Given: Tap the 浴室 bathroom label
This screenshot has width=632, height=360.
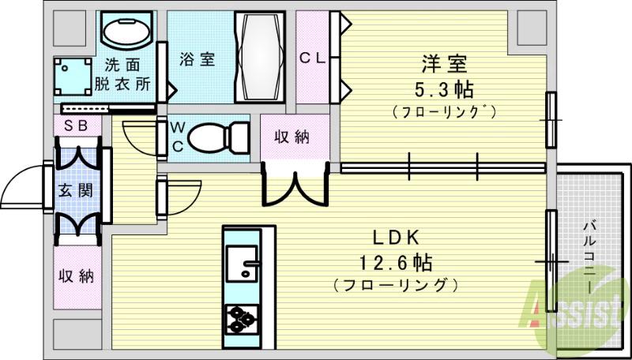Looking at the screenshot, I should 197,58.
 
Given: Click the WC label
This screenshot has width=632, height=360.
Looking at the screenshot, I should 176,135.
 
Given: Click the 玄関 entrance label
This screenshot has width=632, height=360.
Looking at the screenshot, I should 77,190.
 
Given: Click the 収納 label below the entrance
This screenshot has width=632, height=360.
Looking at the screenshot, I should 77,276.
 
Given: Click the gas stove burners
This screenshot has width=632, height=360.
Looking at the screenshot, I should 241,320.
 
